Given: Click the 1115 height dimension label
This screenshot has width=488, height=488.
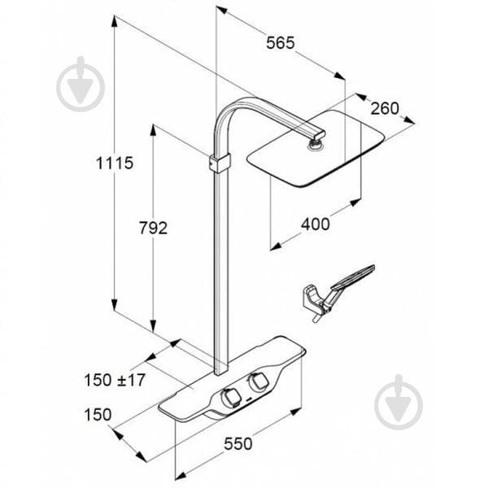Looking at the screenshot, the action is tap(115, 163).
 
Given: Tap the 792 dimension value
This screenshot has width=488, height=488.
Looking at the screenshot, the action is tap(153, 228).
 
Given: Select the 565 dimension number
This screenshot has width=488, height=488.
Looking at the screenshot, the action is tap(280, 42).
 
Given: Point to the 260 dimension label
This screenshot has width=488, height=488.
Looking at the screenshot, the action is tap(385, 108).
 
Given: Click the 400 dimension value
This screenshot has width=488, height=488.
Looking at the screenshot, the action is tap(316, 224).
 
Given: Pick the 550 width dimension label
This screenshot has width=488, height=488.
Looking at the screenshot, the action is tap(238, 443).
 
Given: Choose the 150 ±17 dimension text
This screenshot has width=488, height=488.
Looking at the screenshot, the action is tap(115, 380).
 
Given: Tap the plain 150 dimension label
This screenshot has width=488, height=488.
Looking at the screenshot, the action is tap(98, 415).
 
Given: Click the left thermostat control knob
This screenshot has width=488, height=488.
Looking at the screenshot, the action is tap(229, 397).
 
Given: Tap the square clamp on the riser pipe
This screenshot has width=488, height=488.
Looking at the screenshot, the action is tap(220, 163).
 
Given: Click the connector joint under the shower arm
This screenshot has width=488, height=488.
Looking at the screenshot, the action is tap(316, 145).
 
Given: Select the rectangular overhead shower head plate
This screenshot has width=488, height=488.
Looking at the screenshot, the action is tap(316, 149).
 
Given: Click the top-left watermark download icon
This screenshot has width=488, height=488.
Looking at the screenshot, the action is tap(81, 84).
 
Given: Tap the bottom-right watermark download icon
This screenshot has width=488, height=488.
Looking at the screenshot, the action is tap(399, 402).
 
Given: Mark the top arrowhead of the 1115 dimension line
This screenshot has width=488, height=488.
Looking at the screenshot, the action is tap(115, 20).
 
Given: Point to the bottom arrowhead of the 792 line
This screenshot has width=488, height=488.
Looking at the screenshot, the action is tap(153, 326).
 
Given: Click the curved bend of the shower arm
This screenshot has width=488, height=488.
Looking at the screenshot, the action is tap(227, 113).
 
